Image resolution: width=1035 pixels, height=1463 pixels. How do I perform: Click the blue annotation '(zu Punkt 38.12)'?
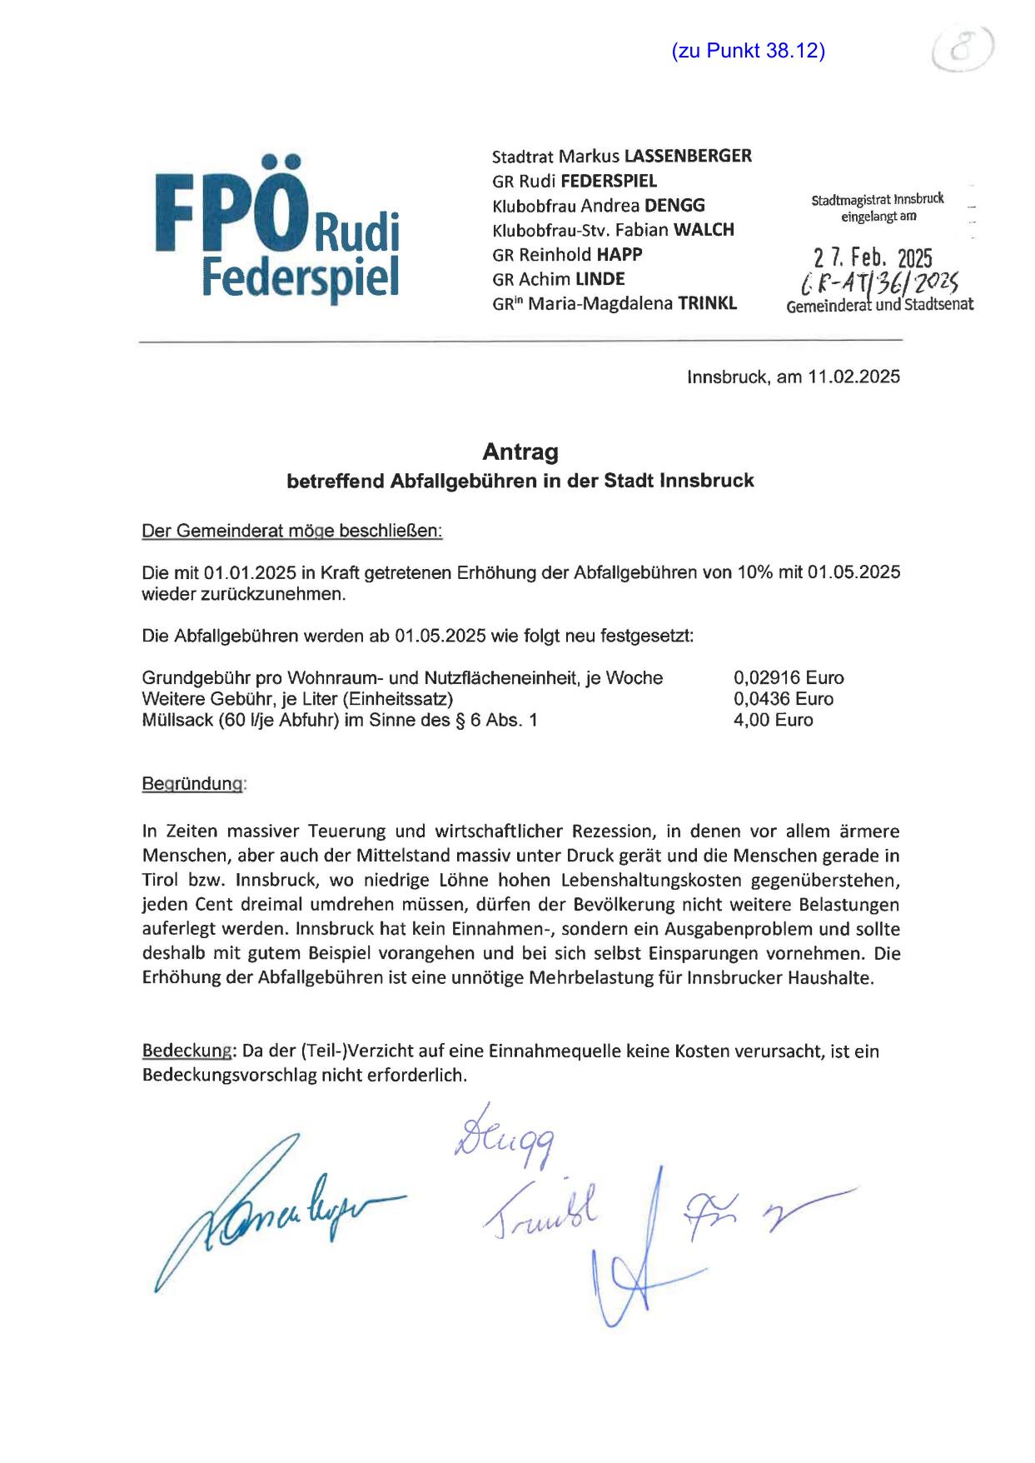(x=748, y=51)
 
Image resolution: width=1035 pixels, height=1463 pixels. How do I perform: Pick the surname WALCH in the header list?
(x=704, y=230)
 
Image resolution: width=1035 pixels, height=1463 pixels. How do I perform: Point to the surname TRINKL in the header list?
(x=707, y=303)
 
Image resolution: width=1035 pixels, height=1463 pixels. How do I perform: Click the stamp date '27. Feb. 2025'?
(x=873, y=258)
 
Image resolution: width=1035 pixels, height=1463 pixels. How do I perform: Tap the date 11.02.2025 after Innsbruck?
(x=853, y=377)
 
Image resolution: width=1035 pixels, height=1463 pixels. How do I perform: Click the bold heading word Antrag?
(x=520, y=452)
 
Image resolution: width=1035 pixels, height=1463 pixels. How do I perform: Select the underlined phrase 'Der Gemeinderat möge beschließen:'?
(x=292, y=531)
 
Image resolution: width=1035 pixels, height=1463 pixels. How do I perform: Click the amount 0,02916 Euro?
(x=788, y=677)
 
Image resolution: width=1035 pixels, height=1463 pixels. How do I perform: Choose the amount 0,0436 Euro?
(x=783, y=699)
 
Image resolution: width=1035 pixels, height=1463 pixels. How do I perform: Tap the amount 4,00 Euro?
(x=773, y=720)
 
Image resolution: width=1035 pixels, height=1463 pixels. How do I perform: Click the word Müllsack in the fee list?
(x=177, y=720)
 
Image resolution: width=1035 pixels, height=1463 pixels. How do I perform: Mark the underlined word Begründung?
(x=194, y=784)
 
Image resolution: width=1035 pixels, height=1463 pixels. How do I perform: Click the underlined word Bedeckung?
(x=187, y=1051)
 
